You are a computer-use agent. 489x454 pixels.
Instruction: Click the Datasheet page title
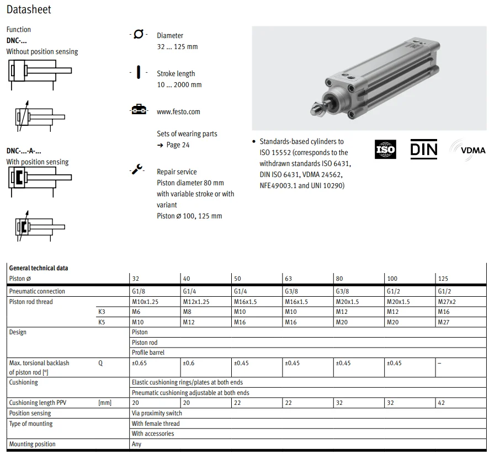29,9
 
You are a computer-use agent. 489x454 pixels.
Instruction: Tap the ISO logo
385,149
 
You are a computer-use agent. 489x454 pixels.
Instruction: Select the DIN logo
423,149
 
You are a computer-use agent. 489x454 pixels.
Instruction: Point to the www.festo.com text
178,111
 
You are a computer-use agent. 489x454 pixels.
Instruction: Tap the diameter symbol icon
138,35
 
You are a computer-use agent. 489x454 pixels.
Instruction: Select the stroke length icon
138,73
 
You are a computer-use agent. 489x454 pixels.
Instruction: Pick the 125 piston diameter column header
443,279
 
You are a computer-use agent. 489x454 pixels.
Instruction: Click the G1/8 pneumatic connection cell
139,291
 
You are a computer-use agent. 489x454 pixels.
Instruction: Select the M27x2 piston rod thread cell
447,302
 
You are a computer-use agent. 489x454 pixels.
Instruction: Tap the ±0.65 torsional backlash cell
139,363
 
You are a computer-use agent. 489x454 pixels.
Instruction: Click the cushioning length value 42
441,403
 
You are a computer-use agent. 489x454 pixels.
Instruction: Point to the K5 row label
101,322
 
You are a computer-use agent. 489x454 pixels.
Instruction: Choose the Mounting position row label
32,444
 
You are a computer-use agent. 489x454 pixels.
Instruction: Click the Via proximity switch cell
157,413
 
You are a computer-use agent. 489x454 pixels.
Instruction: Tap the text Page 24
178,145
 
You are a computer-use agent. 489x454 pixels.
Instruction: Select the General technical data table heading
39,268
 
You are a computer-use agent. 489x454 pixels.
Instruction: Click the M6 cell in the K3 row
136,312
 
